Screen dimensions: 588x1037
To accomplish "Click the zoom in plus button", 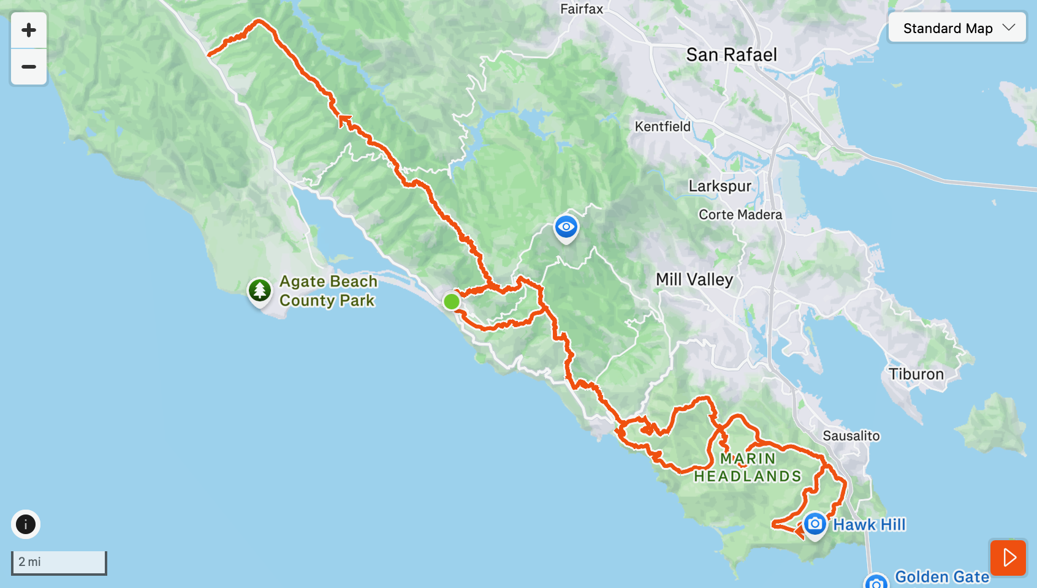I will pyautogui.click(x=29, y=30).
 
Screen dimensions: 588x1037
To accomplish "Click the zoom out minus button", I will pyautogui.click(x=29, y=67).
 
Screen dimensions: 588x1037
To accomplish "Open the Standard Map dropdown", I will pyautogui.click(x=957, y=28).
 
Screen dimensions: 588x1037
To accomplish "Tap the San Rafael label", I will pyautogui.click(x=731, y=55).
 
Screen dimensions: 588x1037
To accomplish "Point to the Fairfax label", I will pyautogui.click(x=582, y=9).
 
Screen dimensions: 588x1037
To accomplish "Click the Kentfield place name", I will pyautogui.click(x=663, y=127).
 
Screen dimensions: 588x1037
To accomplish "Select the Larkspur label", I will pyautogui.click(x=720, y=186).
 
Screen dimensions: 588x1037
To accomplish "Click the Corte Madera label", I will pyautogui.click(x=740, y=215).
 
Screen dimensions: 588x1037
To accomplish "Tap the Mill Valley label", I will pyautogui.click(x=694, y=280).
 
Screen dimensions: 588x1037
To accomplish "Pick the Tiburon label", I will pyautogui.click(x=916, y=374).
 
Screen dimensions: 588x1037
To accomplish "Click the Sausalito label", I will pyautogui.click(x=851, y=436).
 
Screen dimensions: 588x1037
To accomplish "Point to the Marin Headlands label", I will pyautogui.click(x=748, y=467).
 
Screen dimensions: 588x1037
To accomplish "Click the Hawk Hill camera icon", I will pyautogui.click(x=815, y=524).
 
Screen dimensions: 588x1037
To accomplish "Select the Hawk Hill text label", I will pyautogui.click(x=869, y=525).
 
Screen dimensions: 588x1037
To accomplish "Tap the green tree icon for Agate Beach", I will pyautogui.click(x=260, y=290).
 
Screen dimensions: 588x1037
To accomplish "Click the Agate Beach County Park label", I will pyautogui.click(x=328, y=291).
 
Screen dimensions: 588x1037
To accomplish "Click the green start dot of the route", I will pyautogui.click(x=451, y=301).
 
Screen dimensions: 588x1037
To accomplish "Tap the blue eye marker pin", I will pyautogui.click(x=566, y=227).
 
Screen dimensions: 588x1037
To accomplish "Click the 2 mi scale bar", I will pyautogui.click(x=59, y=562).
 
